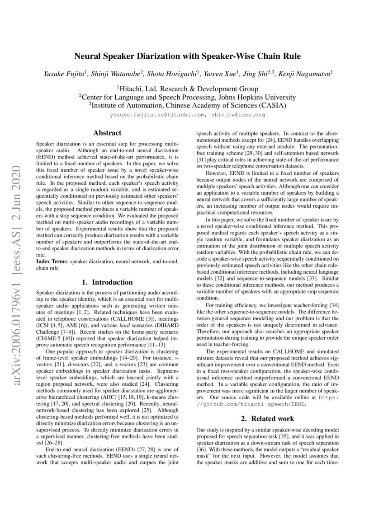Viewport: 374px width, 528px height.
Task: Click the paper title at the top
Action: coord(187,56)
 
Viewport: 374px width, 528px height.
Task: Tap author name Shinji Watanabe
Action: coord(117,72)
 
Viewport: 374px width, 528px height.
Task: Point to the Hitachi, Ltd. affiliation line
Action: coord(187,89)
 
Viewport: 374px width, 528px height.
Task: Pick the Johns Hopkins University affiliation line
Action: coord(187,97)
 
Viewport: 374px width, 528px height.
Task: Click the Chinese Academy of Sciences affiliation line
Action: coord(187,105)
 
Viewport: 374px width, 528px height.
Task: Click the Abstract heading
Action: coord(107,133)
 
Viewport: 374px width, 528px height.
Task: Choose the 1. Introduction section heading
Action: coord(107,282)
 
